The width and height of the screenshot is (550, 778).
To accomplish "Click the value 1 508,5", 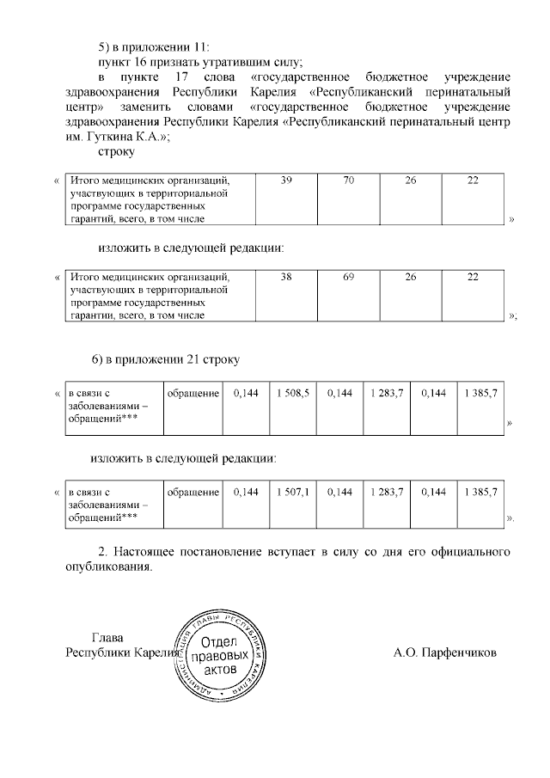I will (293, 393).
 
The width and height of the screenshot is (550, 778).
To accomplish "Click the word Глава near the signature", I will (107, 638).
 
